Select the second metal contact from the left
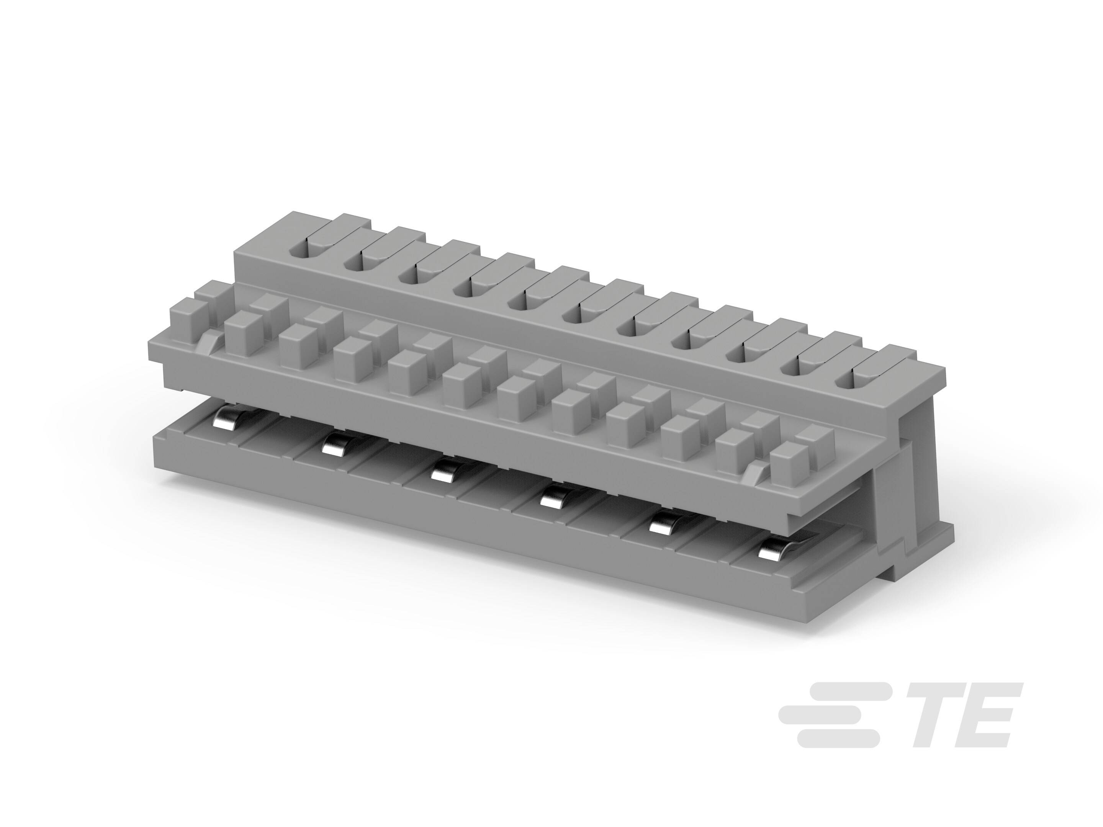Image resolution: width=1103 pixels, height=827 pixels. click(x=334, y=444)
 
